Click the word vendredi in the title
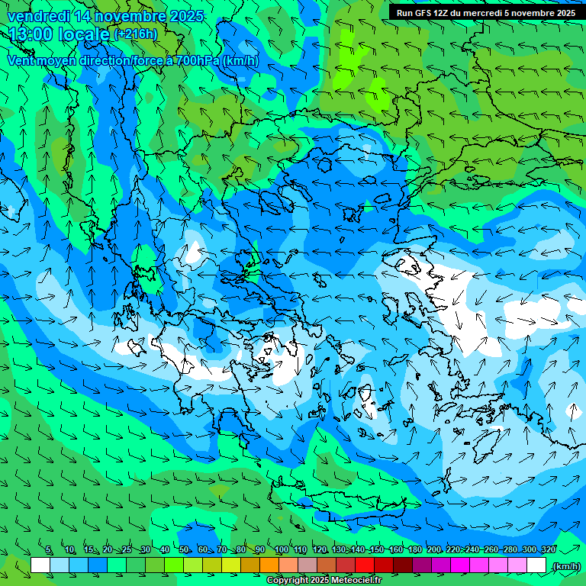point(39,16)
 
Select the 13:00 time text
point(35,34)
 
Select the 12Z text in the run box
point(443,13)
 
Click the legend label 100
point(281,550)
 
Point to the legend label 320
point(548,550)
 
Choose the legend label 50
point(184,550)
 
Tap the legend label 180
point(414,550)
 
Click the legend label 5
point(49,550)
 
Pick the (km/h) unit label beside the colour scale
point(565,566)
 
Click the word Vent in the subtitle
point(21,61)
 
